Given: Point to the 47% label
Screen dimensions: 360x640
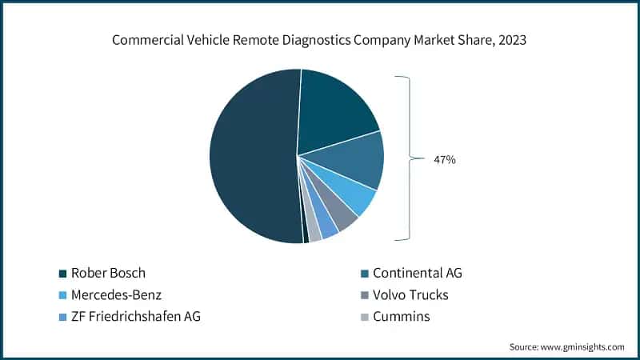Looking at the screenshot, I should pyautogui.click(x=444, y=160).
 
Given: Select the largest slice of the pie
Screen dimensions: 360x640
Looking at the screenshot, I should pyautogui.click(x=248, y=156).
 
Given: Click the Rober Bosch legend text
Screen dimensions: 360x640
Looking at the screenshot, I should pyautogui.click(x=109, y=273).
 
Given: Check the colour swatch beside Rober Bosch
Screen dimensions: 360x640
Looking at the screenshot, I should pyautogui.click(x=62, y=274).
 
